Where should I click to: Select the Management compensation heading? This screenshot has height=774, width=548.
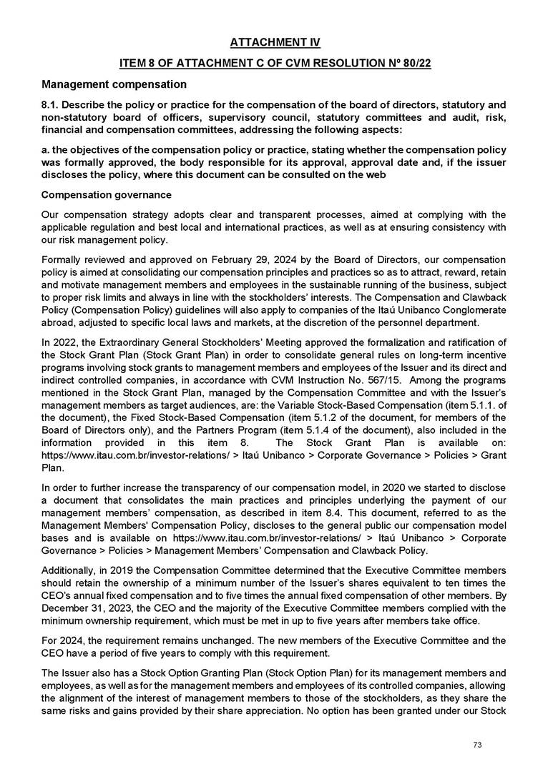tap(114, 84)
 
